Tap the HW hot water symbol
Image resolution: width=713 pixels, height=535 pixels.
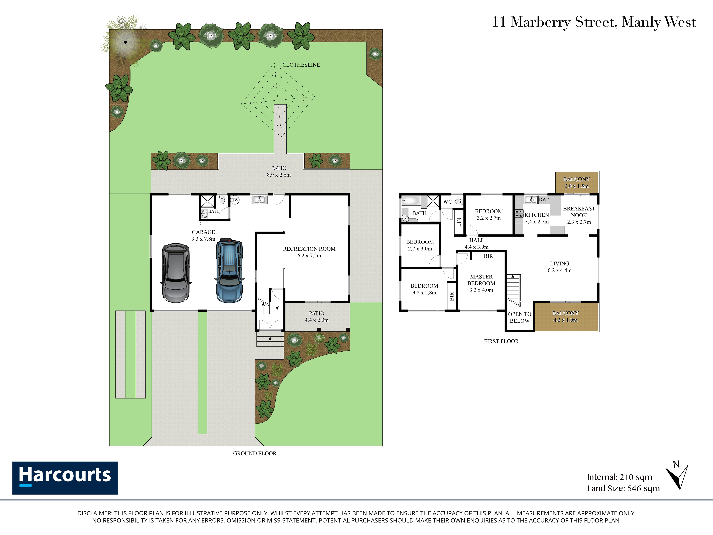[235, 200]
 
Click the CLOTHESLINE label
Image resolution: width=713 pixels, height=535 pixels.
[301, 65]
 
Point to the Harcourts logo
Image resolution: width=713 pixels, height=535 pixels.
[65, 478]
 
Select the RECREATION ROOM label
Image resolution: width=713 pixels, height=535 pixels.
[309, 249]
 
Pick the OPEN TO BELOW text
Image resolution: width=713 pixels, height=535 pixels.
[520, 318]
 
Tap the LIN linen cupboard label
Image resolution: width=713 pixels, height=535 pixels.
[459, 222]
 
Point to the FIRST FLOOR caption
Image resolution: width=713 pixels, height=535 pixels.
[501, 341]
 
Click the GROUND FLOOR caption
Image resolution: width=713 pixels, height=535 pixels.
[255, 453]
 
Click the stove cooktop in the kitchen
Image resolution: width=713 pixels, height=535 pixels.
[519, 214]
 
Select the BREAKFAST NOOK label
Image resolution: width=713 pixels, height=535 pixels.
[579, 212]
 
